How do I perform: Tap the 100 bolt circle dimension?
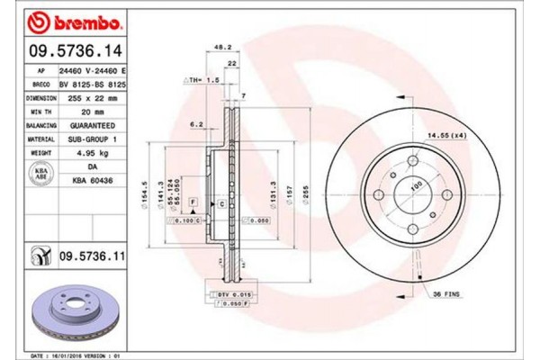[415, 186]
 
